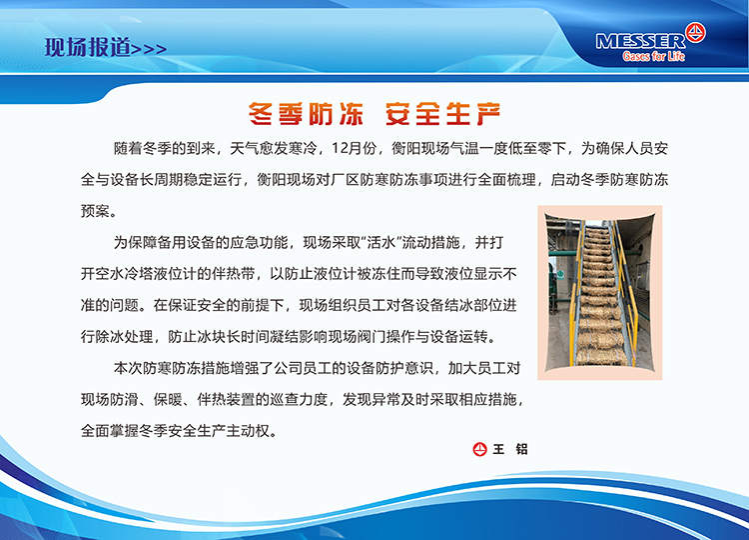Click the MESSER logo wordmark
(640, 42)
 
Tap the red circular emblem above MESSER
(695, 33)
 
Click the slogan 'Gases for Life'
(653, 56)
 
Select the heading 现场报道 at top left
(88, 47)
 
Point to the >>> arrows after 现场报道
(149, 49)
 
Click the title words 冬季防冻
(306, 114)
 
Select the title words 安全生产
(442, 114)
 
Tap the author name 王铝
(510, 449)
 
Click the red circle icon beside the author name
(479, 449)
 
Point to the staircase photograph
(600, 293)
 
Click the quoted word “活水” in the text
(382, 242)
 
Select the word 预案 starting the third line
(96, 211)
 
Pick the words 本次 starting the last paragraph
(129, 368)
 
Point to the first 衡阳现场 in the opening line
(420, 149)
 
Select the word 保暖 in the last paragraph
(168, 399)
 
